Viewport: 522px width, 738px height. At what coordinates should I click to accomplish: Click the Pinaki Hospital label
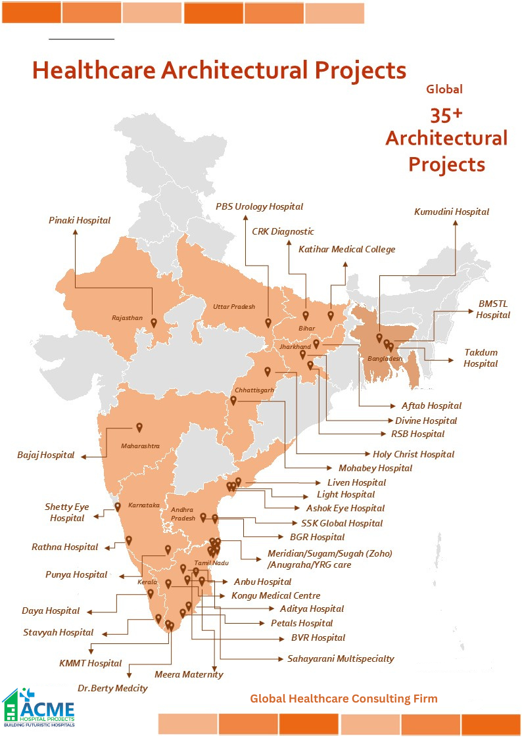coord(80,221)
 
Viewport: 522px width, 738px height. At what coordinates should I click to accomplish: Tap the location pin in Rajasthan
coord(153,323)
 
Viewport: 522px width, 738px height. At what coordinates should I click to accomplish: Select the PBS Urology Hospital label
coord(259,206)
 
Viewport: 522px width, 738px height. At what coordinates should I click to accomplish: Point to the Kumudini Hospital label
coord(452,212)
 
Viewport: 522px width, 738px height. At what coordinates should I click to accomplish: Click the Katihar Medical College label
coord(346,249)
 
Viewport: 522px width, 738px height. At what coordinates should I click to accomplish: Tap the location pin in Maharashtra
coord(139,427)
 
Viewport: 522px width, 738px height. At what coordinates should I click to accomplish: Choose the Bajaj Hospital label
coord(46,455)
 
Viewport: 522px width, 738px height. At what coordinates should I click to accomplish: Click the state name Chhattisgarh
coord(254,390)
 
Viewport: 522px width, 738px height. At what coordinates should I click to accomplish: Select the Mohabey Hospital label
coord(375,468)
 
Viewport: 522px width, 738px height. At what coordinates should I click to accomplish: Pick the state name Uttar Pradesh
coord(233,307)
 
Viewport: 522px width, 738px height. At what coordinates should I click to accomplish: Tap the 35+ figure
coord(446,115)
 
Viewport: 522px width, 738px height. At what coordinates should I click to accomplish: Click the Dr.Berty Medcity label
coord(112,688)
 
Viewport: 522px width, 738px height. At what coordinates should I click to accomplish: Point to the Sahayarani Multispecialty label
coord(341,658)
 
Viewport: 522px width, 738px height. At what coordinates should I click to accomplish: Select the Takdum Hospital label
coord(481,358)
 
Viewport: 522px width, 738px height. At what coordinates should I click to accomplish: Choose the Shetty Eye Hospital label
coord(66,513)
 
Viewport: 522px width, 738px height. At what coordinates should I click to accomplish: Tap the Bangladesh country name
coord(385,359)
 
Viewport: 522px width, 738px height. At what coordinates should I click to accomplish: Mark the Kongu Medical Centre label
coord(275,595)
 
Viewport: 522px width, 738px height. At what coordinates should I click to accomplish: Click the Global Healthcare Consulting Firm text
coord(343,698)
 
